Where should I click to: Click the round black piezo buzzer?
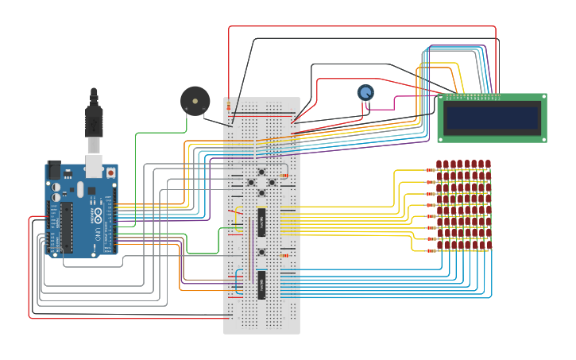pos(195,101)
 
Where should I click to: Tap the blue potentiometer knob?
pos(365,93)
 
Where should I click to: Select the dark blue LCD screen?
pos(492,118)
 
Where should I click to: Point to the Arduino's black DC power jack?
pos(55,169)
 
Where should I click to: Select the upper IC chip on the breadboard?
pos(261,223)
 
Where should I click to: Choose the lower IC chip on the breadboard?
pos(261,285)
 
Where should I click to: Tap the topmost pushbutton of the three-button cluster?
pos(261,172)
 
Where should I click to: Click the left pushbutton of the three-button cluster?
pos(251,183)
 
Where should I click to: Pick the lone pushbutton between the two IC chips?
pos(261,252)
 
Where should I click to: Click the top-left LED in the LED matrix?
pos(439,165)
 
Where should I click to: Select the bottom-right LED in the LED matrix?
pos(488,246)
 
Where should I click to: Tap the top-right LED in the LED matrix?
pos(488,165)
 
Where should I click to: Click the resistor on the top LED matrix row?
pos(430,170)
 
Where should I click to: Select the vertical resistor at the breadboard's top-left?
pos(229,106)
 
